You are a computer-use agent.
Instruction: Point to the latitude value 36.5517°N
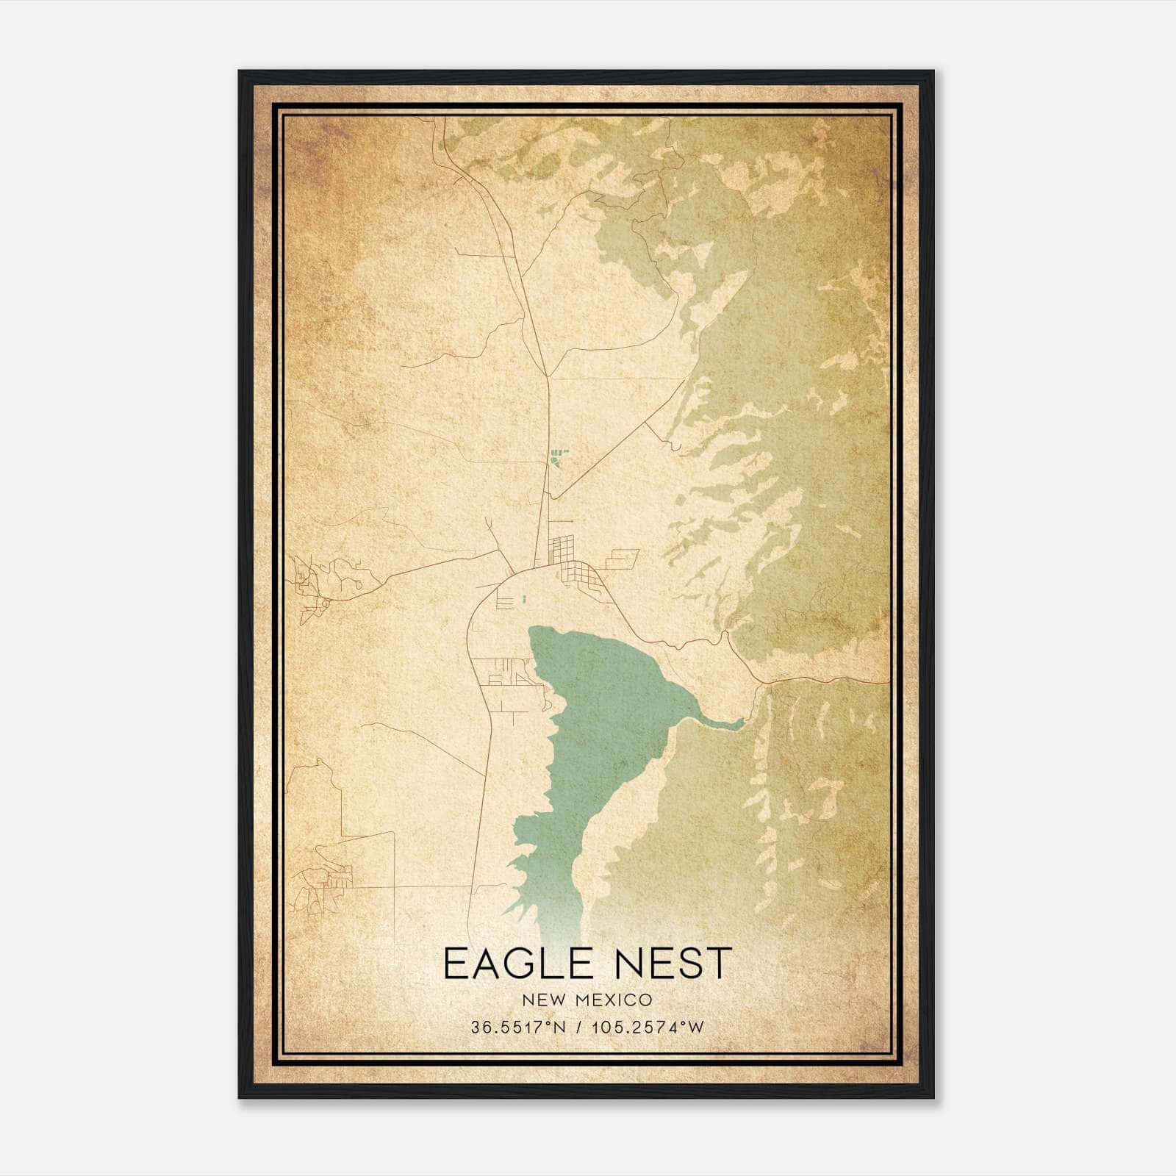518,1028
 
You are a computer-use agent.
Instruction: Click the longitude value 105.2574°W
647,1028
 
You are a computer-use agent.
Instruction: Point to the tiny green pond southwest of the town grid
524,600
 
